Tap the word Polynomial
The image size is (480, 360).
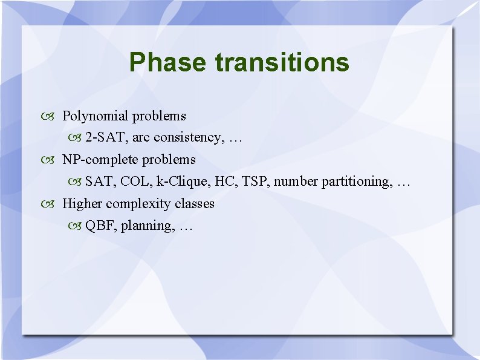click(x=96, y=116)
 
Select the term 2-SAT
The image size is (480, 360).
click(x=106, y=137)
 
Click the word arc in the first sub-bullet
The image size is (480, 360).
click(x=140, y=137)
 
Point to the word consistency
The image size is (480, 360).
click(x=187, y=137)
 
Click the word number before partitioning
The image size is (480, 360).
click(x=296, y=182)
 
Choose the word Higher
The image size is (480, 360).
click(x=82, y=204)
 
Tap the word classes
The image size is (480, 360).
click(x=194, y=204)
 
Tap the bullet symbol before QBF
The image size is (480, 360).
click(x=74, y=226)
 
